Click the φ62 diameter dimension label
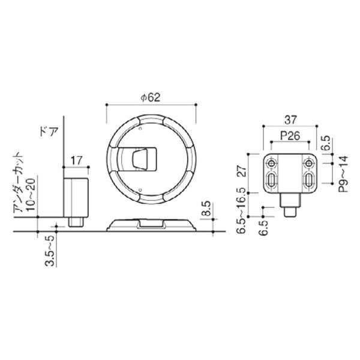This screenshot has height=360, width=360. click(x=151, y=97)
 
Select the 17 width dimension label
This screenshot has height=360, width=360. click(x=76, y=160)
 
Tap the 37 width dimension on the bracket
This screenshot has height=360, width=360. click(x=290, y=119)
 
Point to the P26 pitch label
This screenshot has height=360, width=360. click(x=290, y=136)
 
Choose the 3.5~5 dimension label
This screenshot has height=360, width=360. click(x=50, y=251)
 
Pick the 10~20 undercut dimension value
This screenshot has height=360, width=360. click(x=31, y=194)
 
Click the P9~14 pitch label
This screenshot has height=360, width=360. click(x=344, y=174)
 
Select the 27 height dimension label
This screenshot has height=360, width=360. click(x=241, y=170)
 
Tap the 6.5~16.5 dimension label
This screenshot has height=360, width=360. click(x=241, y=211)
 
